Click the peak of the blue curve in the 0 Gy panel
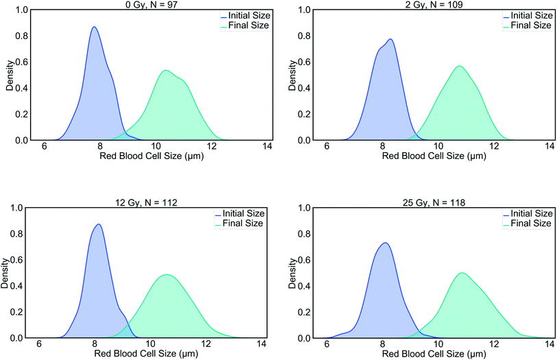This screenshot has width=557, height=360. pos(94,27)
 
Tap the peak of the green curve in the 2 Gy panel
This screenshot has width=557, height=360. pos(459,66)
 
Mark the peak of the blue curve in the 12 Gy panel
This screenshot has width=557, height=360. pos(99,224)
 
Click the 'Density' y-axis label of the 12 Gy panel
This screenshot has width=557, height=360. pos(6,273)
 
